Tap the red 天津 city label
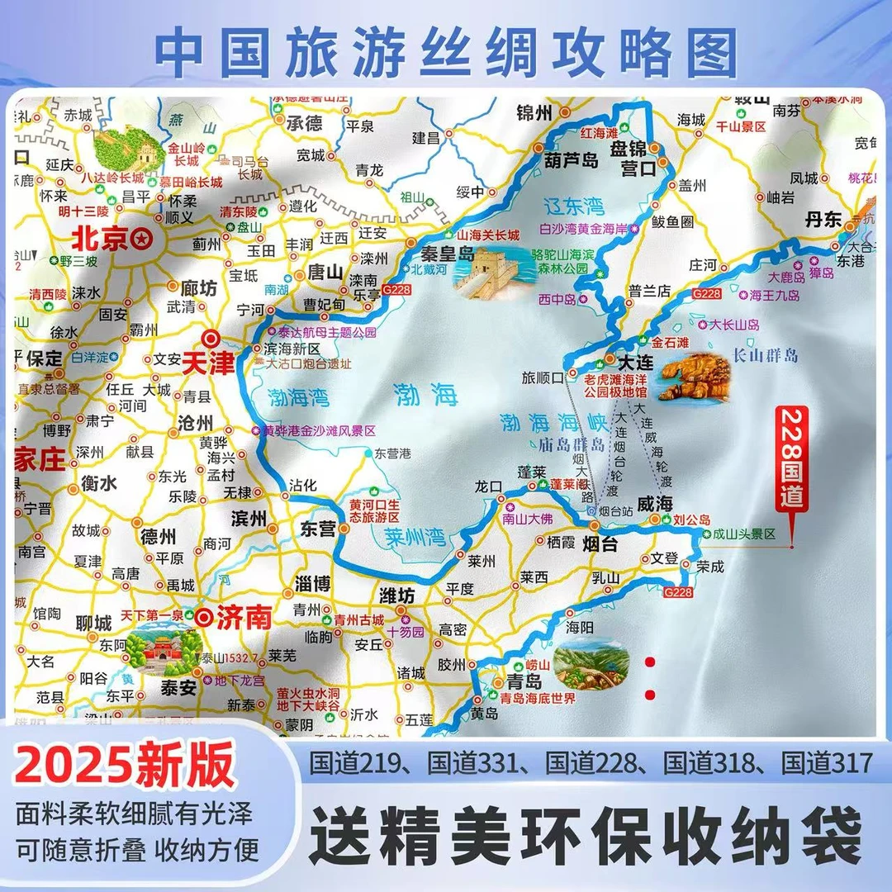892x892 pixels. tap(207, 363)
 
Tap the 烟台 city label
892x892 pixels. tap(600, 545)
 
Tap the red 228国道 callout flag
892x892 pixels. tap(792, 463)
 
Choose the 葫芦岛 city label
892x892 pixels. tap(570, 160)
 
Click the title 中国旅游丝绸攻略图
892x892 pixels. tap(446, 52)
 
